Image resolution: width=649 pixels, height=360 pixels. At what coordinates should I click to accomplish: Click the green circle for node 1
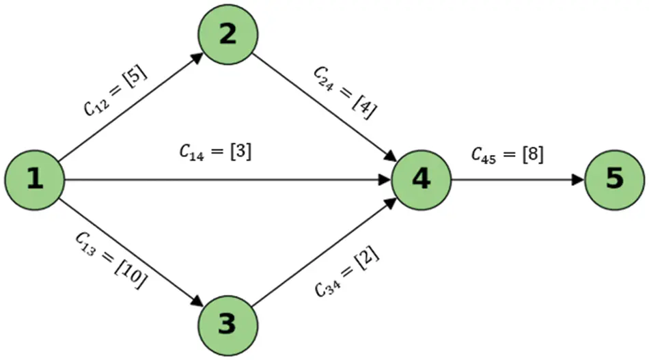point(34,180)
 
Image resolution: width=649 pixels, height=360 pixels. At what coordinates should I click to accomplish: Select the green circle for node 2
point(227,35)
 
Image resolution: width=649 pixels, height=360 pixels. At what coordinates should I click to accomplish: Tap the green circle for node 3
point(227,325)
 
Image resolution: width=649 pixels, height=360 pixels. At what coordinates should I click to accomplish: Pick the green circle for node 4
point(421,180)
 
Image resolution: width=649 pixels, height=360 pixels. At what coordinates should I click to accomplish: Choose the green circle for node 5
point(614,180)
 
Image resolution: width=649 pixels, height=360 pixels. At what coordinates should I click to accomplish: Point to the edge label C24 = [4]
point(346,92)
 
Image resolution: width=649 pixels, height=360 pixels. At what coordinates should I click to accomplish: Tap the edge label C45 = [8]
point(508,155)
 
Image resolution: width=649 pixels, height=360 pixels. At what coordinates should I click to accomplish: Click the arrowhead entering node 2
point(197,58)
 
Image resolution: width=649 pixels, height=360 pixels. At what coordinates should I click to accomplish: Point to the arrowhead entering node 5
point(579,180)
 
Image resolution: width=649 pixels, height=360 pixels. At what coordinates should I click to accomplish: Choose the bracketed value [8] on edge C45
point(531,155)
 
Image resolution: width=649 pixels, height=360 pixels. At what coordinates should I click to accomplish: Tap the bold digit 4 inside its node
point(421,180)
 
